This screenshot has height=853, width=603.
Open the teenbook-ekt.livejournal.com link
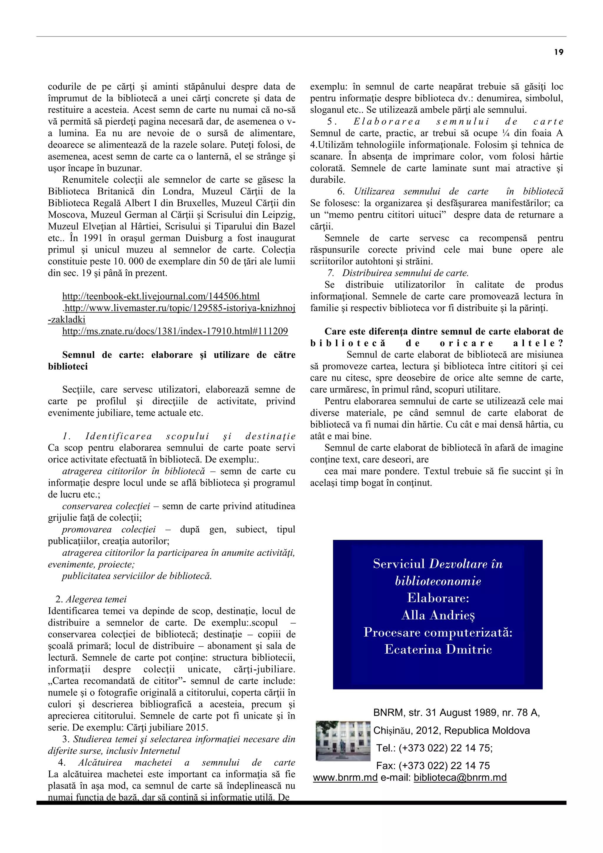tap(161, 297)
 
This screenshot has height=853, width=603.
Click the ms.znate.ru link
tap(175, 331)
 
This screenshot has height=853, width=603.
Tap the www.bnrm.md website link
tap(345, 778)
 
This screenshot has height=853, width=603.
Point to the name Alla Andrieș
tap(438, 616)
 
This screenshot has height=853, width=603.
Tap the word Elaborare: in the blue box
tap(438, 598)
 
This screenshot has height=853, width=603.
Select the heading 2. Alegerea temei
tap(91, 600)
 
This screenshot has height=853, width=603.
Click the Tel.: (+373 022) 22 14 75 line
tap(434, 748)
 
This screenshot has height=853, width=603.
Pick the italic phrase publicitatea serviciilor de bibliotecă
tap(137, 576)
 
